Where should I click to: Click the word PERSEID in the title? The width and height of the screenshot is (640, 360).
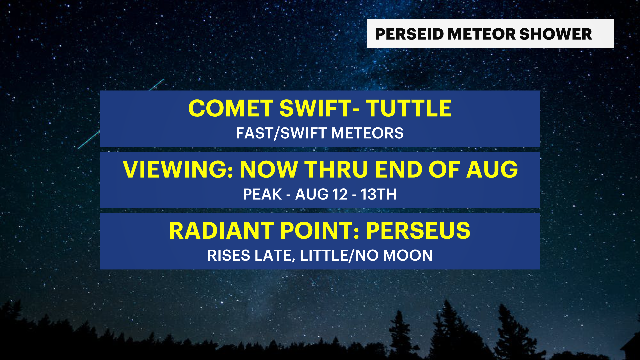pyautogui.click(x=409, y=34)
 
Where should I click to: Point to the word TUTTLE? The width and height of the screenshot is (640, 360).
pyautogui.click(x=409, y=108)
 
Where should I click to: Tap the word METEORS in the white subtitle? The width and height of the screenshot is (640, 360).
pyautogui.click(x=367, y=133)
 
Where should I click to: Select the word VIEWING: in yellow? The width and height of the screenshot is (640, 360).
pyautogui.click(x=178, y=169)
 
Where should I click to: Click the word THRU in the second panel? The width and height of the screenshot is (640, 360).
pyautogui.click(x=337, y=169)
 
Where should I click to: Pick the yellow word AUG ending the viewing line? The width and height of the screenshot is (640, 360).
pyautogui.click(x=492, y=169)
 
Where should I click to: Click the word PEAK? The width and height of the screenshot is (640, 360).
pyautogui.click(x=262, y=194)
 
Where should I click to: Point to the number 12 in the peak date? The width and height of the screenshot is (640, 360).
pyautogui.click(x=340, y=194)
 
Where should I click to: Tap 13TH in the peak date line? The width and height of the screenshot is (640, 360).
pyautogui.click(x=379, y=194)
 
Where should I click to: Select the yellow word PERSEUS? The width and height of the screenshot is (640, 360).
pyautogui.click(x=418, y=230)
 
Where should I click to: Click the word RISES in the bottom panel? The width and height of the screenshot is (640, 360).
pyautogui.click(x=229, y=256)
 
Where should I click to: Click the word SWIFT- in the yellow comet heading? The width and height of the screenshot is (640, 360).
pyautogui.click(x=319, y=108)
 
